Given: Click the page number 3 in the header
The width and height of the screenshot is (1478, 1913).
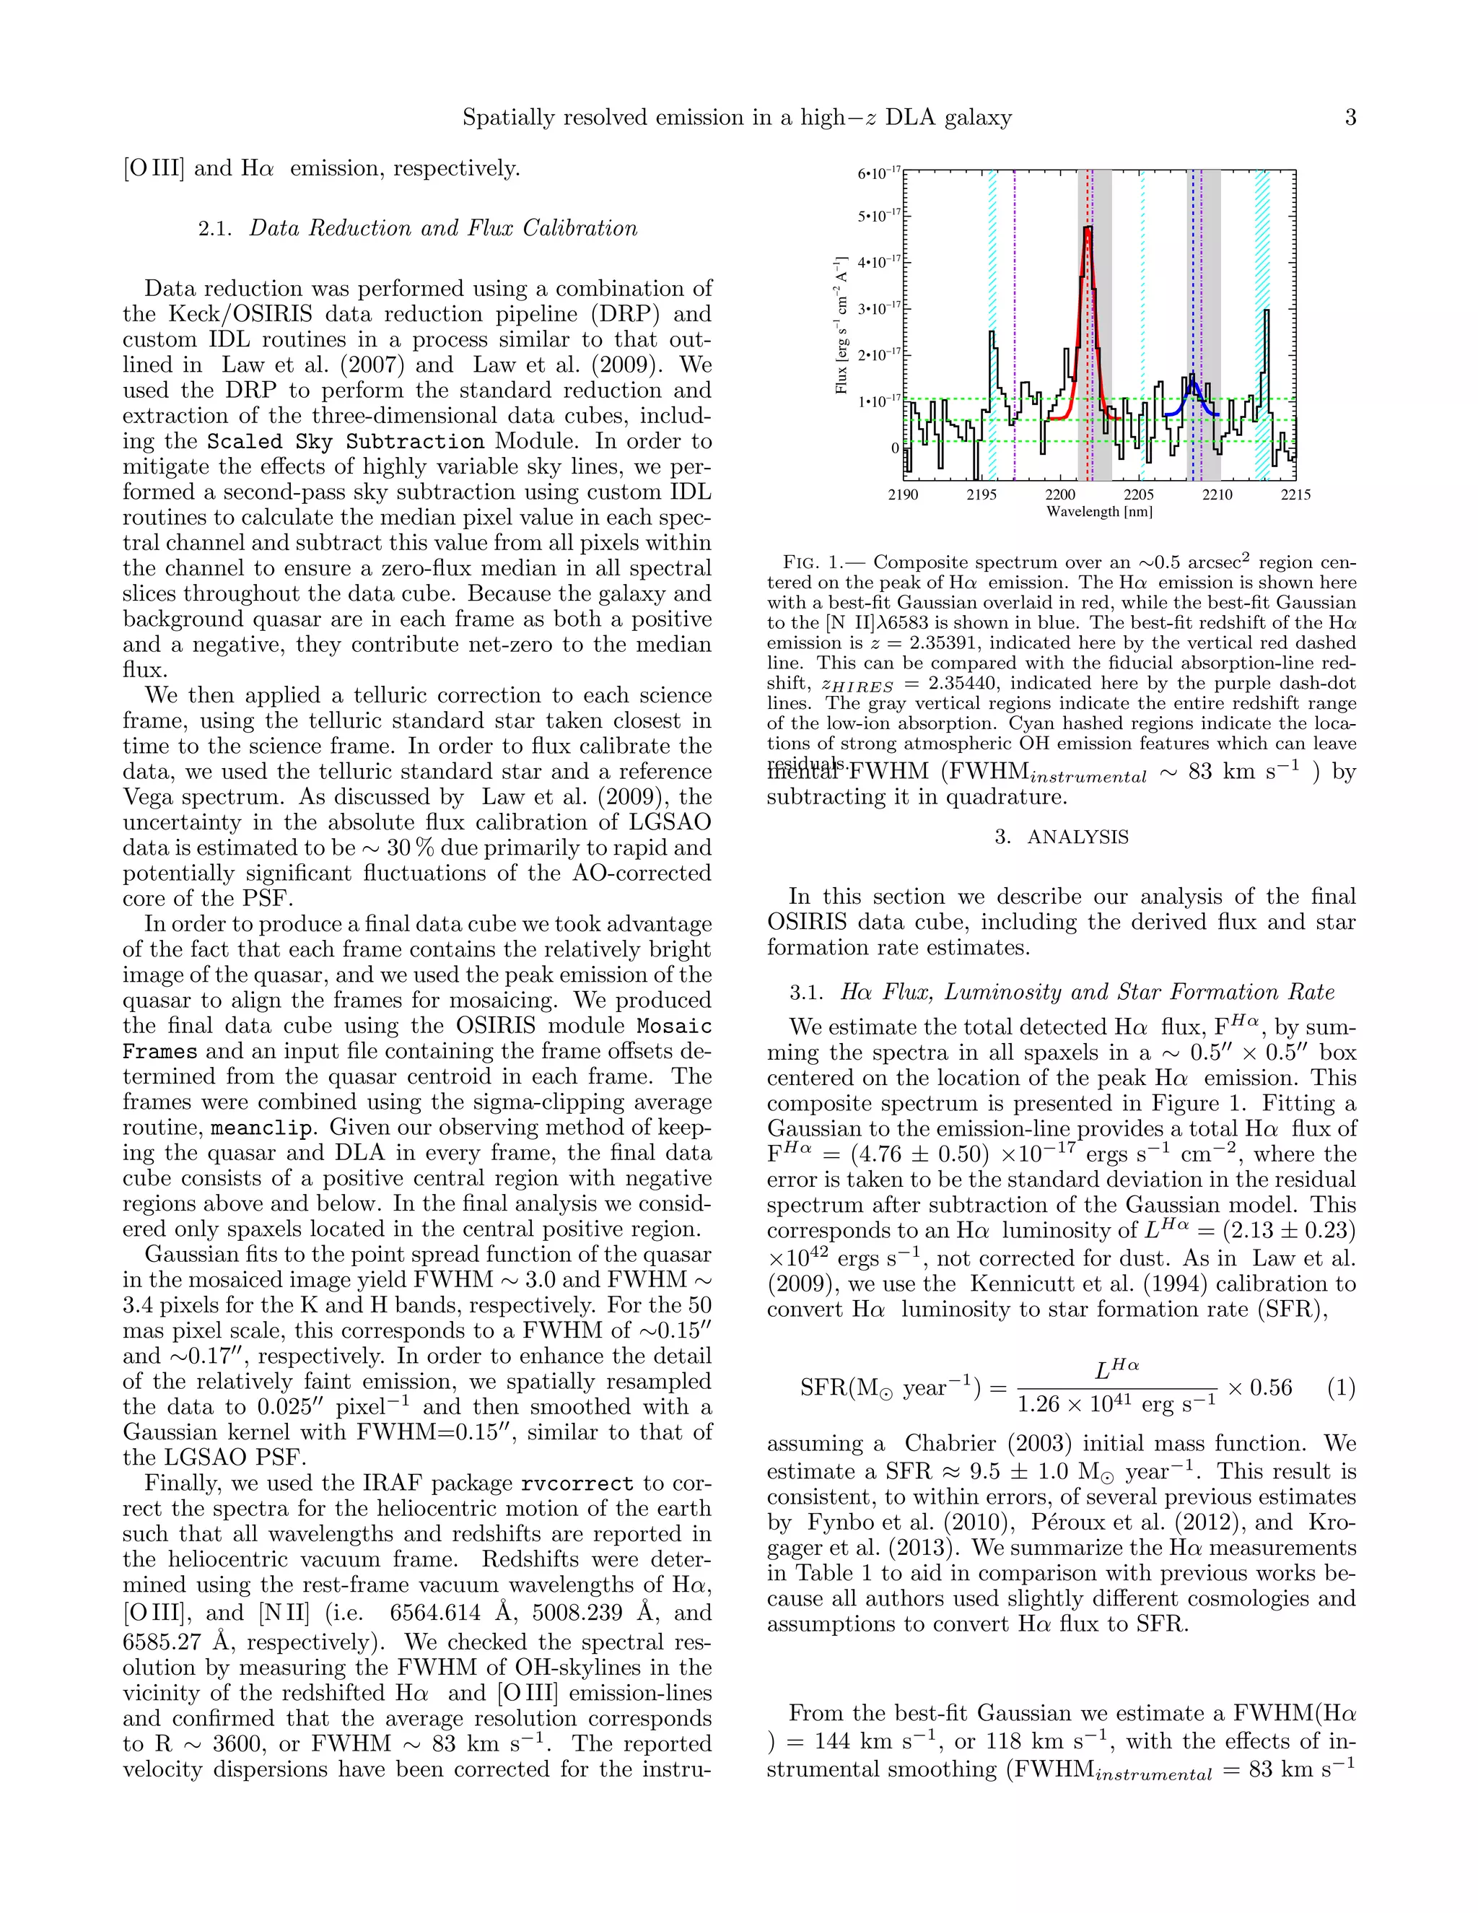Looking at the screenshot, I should pyautogui.click(x=1350, y=118).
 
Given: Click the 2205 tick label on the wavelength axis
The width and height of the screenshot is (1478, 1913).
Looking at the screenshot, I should pyautogui.click(x=1138, y=495).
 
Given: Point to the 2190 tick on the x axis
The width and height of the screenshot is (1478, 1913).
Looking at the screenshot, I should pyautogui.click(x=904, y=495).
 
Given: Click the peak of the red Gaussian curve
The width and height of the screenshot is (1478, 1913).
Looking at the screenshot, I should pyautogui.click(x=1088, y=227).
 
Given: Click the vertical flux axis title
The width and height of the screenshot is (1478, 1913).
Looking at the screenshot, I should pyautogui.click(x=841, y=325).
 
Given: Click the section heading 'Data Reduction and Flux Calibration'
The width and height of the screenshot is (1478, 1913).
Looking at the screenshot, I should pyautogui.click(x=442, y=229).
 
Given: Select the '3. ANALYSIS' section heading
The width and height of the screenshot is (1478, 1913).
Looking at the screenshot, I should pyautogui.click(x=1061, y=837).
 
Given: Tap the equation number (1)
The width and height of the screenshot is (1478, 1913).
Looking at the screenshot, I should pyautogui.click(x=1341, y=1387).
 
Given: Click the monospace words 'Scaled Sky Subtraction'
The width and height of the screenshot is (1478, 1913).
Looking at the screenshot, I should pyautogui.click(x=345, y=442).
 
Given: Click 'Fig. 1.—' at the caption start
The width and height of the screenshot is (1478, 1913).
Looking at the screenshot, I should pyautogui.click(x=823, y=562).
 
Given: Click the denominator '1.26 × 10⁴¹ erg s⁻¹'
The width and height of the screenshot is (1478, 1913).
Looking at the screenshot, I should pyautogui.click(x=1116, y=1405).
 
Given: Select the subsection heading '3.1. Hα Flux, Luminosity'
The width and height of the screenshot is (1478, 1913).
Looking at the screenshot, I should pyautogui.click(x=1061, y=992).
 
